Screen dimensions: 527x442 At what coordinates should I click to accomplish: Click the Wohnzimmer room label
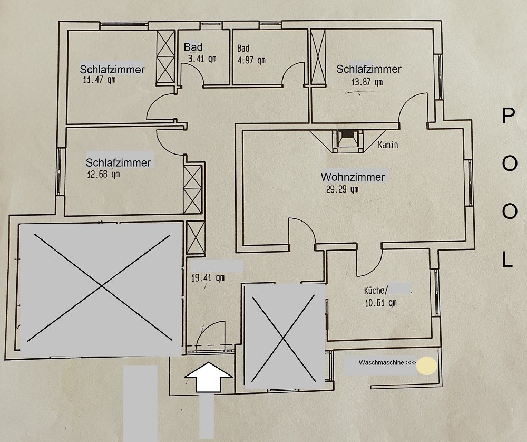[353, 177]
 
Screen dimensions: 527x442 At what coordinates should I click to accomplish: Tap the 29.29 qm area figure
[342, 189]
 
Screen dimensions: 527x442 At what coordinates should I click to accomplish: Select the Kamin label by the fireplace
[388, 145]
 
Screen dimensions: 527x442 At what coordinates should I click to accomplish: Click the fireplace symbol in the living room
[347, 141]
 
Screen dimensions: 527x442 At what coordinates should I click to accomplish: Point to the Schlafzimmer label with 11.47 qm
[112, 69]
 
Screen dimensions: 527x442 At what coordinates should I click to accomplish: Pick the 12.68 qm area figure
[103, 175]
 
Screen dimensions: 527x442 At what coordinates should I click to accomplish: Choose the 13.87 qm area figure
[367, 82]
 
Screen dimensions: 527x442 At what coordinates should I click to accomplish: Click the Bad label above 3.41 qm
[193, 47]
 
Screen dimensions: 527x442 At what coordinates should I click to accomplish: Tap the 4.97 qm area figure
[251, 61]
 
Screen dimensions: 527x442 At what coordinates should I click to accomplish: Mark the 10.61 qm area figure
[380, 303]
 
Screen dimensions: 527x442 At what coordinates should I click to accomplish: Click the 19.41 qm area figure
[207, 278]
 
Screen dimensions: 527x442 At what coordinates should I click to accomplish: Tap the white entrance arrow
[208, 377]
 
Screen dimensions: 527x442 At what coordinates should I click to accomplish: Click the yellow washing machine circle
[427, 366]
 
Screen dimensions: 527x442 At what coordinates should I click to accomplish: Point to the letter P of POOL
[509, 116]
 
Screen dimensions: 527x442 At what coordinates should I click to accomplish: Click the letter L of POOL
[508, 260]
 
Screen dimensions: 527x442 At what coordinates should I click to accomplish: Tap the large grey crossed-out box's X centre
[101, 286]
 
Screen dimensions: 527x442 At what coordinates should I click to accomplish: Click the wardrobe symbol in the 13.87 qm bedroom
[318, 56]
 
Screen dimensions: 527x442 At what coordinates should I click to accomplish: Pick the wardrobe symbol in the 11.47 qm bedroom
[165, 56]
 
